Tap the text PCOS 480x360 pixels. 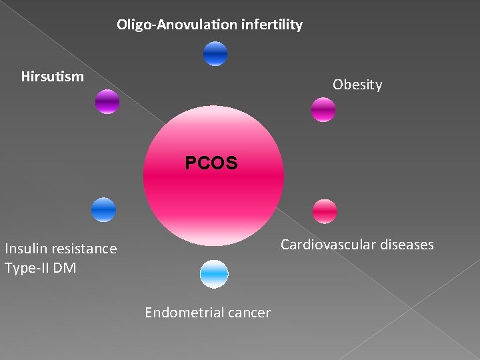point(211,163)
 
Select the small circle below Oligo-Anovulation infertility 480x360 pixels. point(215,54)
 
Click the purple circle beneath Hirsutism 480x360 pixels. point(107,102)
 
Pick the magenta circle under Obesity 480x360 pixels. point(323,110)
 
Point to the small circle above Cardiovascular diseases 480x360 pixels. point(325,211)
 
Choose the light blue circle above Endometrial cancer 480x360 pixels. point(214,274)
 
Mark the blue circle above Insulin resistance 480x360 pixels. point(103,210)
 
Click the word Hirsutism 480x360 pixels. point(53,77)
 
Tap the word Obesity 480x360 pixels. point(357,85)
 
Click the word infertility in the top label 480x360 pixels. point(272,25)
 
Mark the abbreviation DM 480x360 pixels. point(66,268)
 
